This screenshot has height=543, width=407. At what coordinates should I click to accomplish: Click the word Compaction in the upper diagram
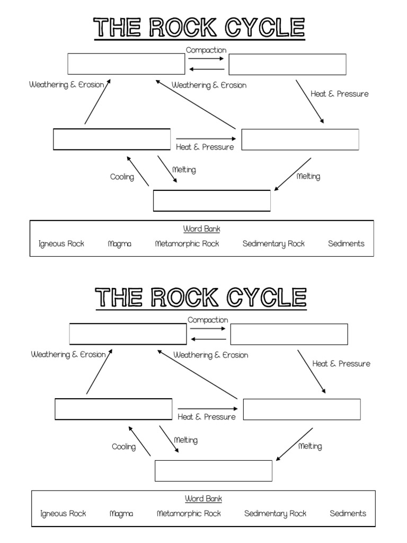[206, 50]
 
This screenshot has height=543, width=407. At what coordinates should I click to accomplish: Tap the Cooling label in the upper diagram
[122, 177]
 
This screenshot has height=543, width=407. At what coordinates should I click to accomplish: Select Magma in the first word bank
[119, 244]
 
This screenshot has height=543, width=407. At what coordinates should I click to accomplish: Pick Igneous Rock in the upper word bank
[61, 244]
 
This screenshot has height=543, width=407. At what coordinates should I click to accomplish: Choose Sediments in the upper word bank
[346, 244]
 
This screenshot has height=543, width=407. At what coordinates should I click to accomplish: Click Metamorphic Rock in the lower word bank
[189, 513]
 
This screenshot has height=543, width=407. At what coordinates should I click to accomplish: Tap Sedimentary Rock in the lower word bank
[275, 513]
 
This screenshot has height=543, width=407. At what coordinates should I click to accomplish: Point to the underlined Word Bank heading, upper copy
[202, 229]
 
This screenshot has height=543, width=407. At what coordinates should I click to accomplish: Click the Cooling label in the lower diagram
[123, 447]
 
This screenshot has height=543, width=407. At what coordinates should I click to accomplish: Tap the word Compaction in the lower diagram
[208, 320]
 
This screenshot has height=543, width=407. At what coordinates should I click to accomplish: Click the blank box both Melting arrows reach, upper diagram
[212, 200]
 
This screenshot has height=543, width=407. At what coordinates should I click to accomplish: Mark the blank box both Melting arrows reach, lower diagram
[214, 470]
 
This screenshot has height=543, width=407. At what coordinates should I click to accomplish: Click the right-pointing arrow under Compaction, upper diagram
[207, 59]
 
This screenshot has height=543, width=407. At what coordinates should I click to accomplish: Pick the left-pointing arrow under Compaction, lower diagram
[208, 339]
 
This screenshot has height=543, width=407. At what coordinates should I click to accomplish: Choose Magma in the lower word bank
[121, 513]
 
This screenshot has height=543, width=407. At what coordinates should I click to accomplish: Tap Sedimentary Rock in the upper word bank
[273, 244]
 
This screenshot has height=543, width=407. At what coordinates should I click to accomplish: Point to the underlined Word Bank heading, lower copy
[203, 499]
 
